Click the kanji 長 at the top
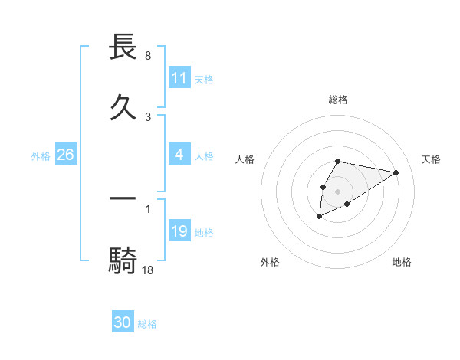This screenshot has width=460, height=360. click(x=123, y=47)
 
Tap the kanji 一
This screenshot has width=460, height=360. click(x=123, y=198)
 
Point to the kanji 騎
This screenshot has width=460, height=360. click(x=123, y=260)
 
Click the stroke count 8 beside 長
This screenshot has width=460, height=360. click(x=147, y=56)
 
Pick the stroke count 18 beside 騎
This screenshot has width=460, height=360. click(x=148, y=269)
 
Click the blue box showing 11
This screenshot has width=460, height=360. click(x=179, y=78)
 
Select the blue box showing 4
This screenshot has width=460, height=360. click(x=179, y=155)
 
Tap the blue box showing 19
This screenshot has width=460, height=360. click(x=179, y=231)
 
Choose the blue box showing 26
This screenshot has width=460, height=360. click(x=65, y=155)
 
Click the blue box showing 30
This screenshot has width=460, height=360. click(x=123, y=322)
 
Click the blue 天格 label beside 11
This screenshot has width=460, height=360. click(x=204, y=79)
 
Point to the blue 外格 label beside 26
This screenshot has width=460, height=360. click(x=41, y=155)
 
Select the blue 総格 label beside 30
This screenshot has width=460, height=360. click(x=147, y=324)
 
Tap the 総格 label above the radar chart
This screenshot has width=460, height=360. click(x=338, y=100)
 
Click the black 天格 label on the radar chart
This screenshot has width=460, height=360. click(x=431, y=159)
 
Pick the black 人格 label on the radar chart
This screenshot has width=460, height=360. click(x=245, y=159)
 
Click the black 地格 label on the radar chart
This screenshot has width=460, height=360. click(x=402, y=262)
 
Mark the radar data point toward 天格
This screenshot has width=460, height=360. click(x=396, y=172)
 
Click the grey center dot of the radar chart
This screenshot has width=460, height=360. click(x=337, y=191)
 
